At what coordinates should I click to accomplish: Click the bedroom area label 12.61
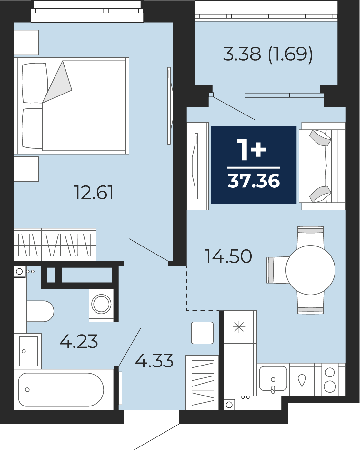[94, 192]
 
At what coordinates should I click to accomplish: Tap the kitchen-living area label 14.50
[228, 256]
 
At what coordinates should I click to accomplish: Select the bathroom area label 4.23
[79, 341]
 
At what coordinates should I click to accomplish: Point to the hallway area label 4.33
[154, 361]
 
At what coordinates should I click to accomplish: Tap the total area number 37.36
[254, 181]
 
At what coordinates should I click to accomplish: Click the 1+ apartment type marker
[252, 150]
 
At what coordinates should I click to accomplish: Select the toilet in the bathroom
[40, 311]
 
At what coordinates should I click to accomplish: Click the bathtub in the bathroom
[61, 390]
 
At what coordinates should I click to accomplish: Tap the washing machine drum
[101, 304]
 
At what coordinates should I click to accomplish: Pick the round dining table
[310, 270]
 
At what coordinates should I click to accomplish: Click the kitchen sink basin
[273, 378]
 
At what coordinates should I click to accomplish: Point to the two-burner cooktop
[330, 380]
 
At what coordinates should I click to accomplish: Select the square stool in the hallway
[202, 333]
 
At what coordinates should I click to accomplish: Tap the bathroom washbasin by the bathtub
[28, 351]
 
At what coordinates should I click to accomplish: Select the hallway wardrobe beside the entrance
[202, 383]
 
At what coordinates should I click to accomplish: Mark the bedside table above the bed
[26, 43]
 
